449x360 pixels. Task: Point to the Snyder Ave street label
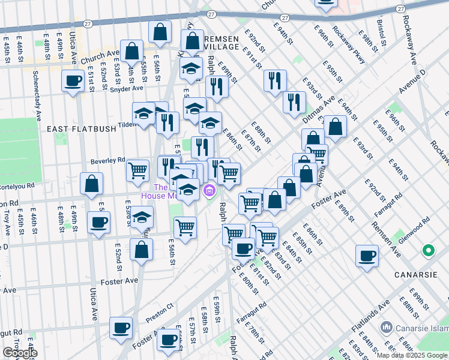pyautogui.click(x=126, y=88)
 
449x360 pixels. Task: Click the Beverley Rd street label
pyautogui.click(x=107, y=160)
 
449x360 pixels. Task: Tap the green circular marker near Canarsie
pyautogui.click(x=428, y=250)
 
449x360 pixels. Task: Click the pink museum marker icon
pyautogui.click(x=209, y=192)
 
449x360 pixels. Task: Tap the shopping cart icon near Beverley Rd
pyautogui.click(x=138, y=170)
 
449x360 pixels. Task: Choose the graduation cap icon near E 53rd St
pyautogui.click(x=142, y=217)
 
